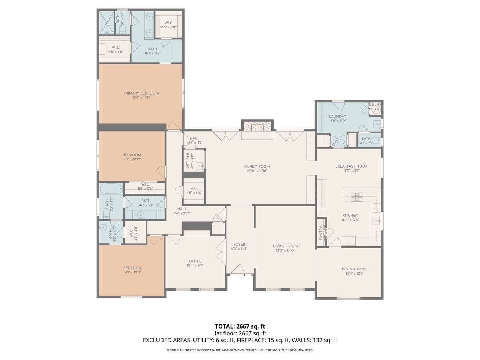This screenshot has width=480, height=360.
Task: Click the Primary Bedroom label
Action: [x=141, y=93]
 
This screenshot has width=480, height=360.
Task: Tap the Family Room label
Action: [x=257, y=167]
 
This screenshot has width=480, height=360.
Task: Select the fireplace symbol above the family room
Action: [x=257, y=126]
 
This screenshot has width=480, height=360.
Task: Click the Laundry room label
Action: [x=337, y=117]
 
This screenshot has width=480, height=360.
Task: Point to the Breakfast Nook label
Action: [x=351, y=166]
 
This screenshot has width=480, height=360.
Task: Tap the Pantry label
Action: [x=321, y=232]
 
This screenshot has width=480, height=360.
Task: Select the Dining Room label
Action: [x=354, y=269]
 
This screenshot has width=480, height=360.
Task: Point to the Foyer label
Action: [x=239, y=244]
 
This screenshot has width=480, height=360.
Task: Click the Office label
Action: [x=195, y=261]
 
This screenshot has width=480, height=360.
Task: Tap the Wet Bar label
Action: [x=188, y=160]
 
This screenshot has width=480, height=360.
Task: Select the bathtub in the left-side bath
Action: [x=111, y=188]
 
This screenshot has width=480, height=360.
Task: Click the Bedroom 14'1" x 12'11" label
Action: [x=132, y=268]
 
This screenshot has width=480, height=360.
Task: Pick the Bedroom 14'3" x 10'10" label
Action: [x=132, y=155]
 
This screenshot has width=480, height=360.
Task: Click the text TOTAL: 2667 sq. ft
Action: [x=240, y=326]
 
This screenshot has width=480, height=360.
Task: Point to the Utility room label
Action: [x=375, y=105]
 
